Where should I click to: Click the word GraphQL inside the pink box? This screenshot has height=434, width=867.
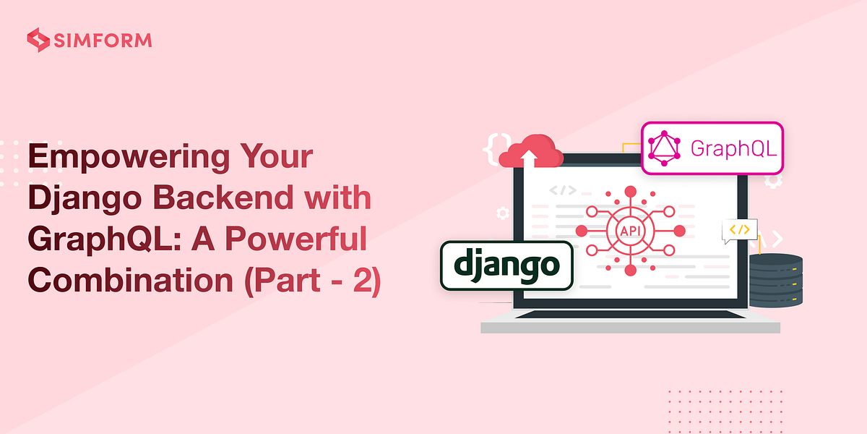point(733,148)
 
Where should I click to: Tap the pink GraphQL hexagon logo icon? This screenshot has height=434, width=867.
point(665,148)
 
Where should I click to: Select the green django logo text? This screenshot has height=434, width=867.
point(506,265)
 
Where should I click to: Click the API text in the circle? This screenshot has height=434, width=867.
point(630,231)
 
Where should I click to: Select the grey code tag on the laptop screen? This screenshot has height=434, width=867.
point(562,191)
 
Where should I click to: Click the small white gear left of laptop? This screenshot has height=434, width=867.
point(502,213)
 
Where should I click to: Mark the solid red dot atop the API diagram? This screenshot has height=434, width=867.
point(630,192)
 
